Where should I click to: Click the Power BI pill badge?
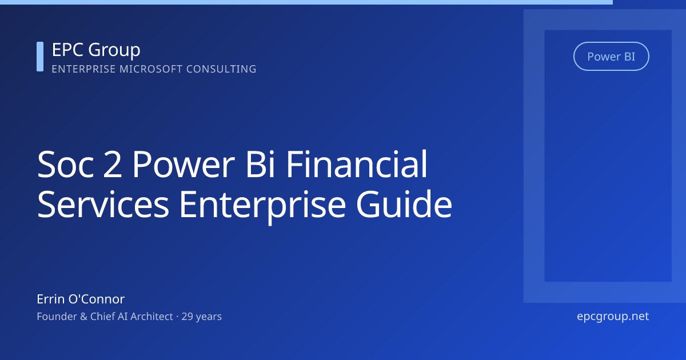pyautogui.click(x=611, y=57)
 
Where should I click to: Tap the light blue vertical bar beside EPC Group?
pyautogui.click(x=40, y=57)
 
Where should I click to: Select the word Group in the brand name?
pyautogui.click(x=114, y=51)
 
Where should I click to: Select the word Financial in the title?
pyautogui.click(x=357, y=165)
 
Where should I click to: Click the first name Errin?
pyautogui.click(x=50, y=299)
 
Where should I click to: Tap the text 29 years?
pyautogui.click(x=202, y=316)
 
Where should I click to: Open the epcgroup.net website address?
pyautogui.click(x=613, y=316)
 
